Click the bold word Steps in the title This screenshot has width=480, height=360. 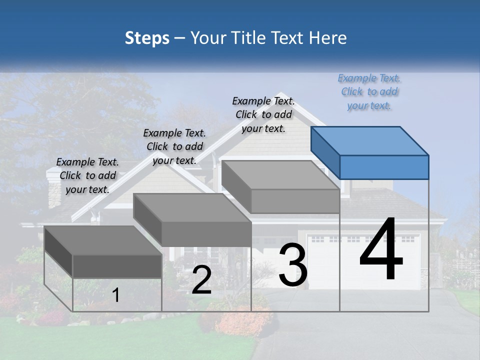(147, 38)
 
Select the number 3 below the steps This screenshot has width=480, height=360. (293, 265)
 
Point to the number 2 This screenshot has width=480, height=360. (201, 280)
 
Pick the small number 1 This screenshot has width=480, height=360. (116, 295)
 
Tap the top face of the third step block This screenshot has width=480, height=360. (280, 175)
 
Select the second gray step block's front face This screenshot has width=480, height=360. (206, 233)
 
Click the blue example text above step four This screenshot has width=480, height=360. (369, 92)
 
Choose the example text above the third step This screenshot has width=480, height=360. (263, 114)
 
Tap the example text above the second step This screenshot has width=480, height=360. (174, 146)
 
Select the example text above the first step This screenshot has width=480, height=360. (87, 175)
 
